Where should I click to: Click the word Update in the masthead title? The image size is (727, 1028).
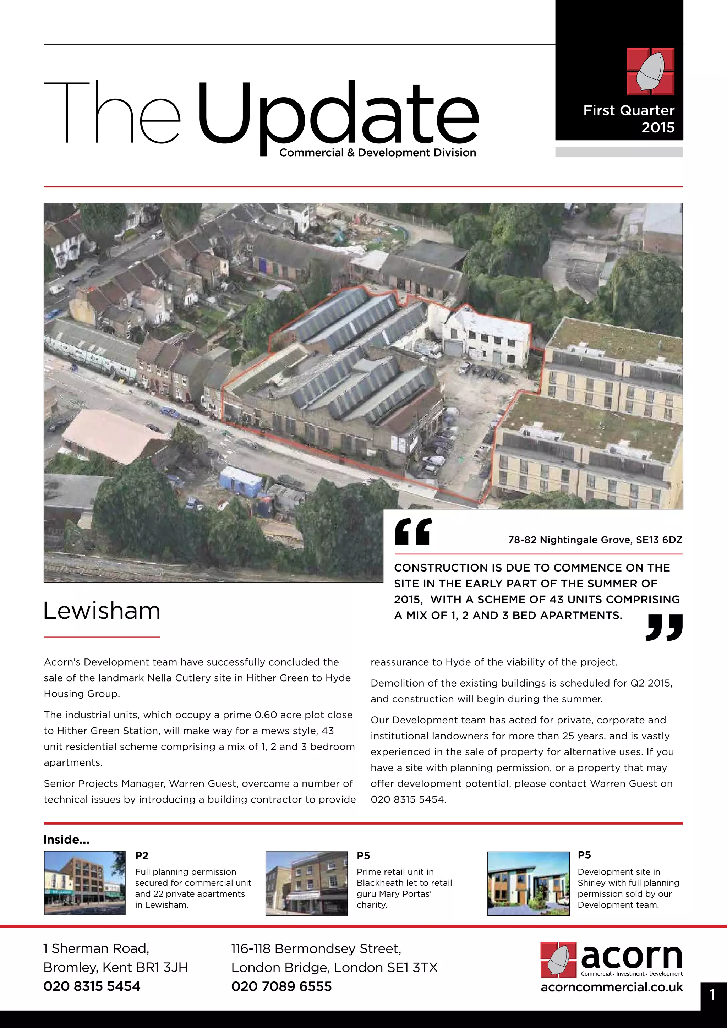338,112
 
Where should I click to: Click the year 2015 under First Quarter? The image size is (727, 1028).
658,127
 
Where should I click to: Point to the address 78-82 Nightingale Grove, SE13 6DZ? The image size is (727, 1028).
595,540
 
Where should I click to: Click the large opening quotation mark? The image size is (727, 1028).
413,531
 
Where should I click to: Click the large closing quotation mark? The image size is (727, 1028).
664,627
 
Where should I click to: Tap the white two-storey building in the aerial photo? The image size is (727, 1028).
488,338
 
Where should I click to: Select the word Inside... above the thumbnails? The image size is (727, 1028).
66,840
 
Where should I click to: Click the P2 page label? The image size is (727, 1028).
142,855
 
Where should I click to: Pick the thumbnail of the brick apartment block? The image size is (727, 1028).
84,883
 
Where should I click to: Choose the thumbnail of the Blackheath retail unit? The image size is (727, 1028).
306,883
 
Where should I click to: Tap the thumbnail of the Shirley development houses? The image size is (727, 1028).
528,883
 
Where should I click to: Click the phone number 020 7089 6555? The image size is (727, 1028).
281,986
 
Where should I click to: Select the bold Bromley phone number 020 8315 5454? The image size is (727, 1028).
92,986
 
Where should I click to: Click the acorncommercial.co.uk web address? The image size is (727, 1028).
612,987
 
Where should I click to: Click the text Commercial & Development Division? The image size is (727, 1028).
377,153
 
